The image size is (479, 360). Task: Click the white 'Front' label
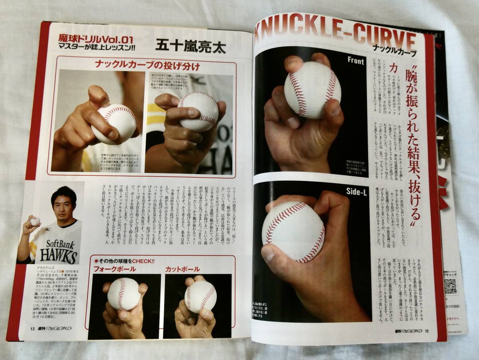point(355,61)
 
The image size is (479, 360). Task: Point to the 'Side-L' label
point(356,193)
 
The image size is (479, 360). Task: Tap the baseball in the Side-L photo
point(293,231)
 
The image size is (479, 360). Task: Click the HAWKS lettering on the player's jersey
point(59,256)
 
